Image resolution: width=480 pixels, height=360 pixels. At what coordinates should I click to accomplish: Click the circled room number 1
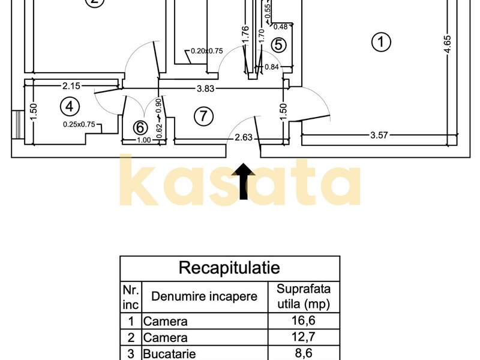[381, 41]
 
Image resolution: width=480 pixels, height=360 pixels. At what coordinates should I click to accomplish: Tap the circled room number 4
[70, 107]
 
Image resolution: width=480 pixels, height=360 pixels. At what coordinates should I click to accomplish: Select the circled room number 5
[278, 44]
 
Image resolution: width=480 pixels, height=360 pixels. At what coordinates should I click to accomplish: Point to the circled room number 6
[140, 127]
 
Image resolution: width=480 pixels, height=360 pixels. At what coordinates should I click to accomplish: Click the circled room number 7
[203, 116]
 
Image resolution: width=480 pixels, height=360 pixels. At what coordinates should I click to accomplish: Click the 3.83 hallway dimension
[205, 88]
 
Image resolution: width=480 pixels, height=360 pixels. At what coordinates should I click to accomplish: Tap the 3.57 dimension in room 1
[379, 135]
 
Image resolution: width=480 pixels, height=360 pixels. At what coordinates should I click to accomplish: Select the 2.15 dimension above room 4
[71, 86]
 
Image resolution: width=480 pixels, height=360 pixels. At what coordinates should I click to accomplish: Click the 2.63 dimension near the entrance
[244, 137]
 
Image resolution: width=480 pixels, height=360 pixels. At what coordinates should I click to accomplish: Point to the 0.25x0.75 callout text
[79, 125]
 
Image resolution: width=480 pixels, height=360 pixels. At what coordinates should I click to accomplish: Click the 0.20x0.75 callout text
[207, 51]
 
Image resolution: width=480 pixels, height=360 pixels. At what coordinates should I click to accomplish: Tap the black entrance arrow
[244, 181]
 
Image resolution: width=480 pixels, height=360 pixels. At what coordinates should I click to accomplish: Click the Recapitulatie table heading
[229, 268]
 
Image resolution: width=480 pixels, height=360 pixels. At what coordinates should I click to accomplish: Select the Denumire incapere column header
[204, 296]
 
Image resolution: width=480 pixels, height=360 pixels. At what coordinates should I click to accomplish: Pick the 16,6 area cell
[304, 320]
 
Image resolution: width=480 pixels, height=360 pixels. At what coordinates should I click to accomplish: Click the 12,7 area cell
[304, 337]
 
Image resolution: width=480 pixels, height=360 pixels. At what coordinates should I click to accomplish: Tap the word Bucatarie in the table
[169, 354]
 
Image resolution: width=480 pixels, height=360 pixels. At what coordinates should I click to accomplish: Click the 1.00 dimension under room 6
[143, 140]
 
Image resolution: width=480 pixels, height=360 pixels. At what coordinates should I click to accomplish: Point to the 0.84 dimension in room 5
[272, 67]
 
